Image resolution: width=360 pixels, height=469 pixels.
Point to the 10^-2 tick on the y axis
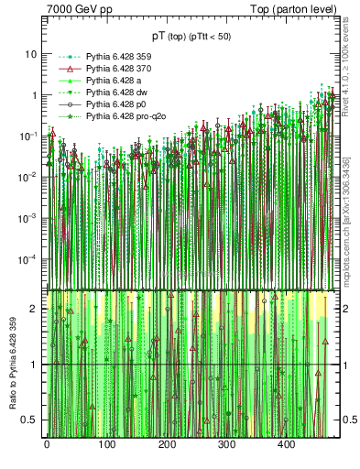(x=27, y=177)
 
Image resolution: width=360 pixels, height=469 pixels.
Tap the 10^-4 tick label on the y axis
(x=27, y=259)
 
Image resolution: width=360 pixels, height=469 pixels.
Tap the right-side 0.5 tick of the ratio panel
(x=349, y=420)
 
